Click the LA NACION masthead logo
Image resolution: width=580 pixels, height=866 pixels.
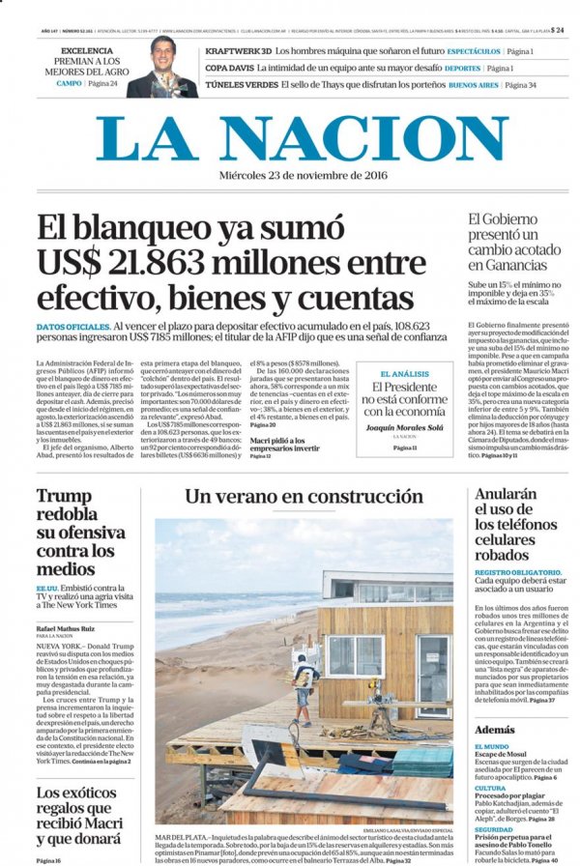289,137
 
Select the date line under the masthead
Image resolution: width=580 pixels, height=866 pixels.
289,177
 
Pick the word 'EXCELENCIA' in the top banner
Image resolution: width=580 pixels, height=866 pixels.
87,50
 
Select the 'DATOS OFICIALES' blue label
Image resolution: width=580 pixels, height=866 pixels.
72,328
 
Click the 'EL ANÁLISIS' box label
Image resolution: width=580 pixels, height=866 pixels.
404,373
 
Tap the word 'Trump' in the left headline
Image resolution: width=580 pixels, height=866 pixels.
64,497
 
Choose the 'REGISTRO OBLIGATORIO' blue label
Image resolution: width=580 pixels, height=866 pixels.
520,572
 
